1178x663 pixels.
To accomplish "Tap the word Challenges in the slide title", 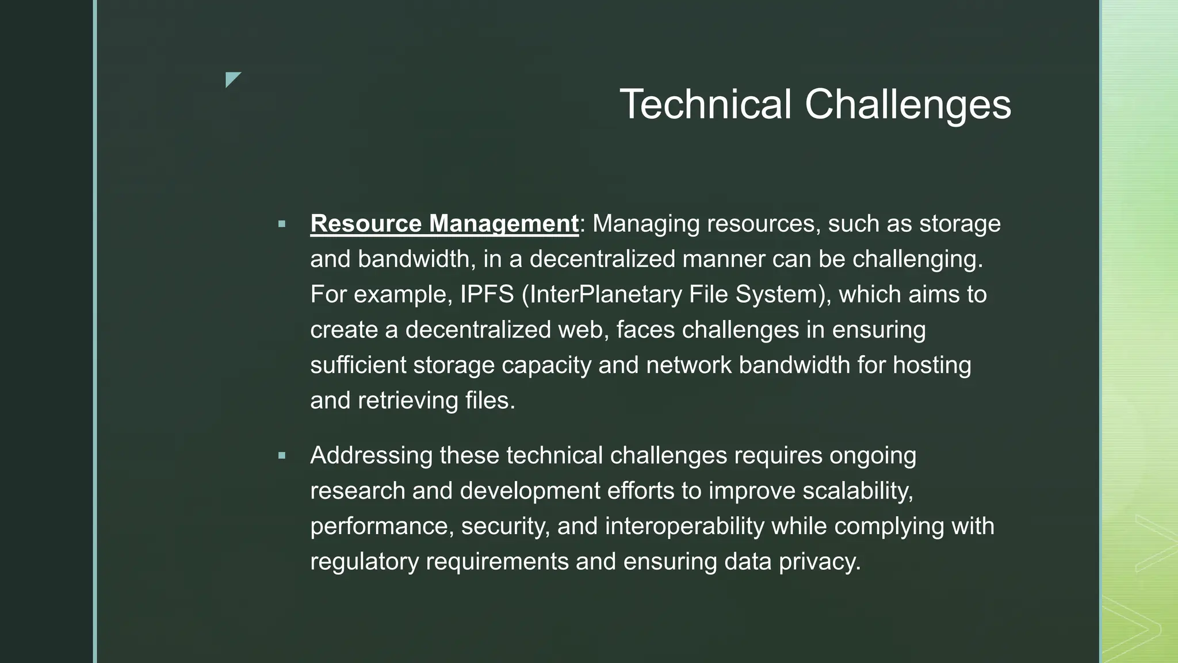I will coord(908,105).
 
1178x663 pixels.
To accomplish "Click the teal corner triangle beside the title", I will coord(232,79).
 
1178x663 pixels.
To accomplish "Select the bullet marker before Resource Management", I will coord(281,224).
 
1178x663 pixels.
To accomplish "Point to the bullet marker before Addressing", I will coord(281,456).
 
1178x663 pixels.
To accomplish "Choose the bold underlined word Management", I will coord(503,224).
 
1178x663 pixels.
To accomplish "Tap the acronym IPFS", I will coord(487,295).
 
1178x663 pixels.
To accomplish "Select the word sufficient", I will coord(358,365).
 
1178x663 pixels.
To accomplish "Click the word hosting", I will coord(932,365).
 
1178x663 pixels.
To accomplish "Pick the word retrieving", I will coord(408,401).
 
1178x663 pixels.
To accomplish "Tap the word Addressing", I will coord(371,456).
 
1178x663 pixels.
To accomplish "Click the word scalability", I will coord(857,491).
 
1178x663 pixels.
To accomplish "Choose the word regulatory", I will coord(365,561).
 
